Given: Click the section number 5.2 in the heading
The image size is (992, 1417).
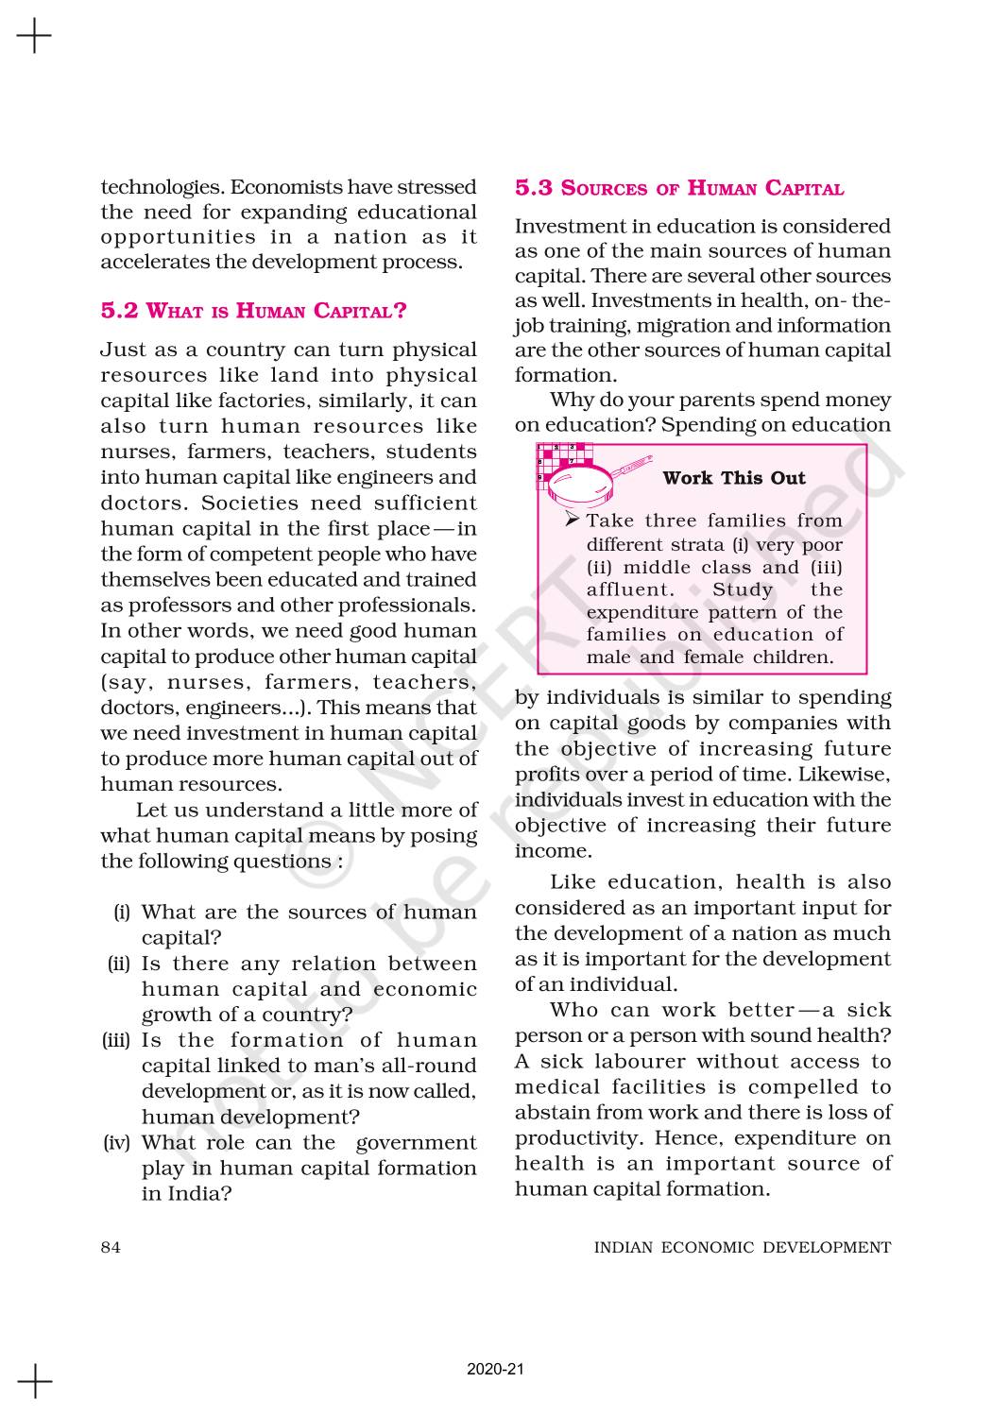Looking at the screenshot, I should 119,310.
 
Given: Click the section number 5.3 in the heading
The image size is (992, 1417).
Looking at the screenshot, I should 534,187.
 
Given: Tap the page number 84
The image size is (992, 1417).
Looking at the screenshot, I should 111,1247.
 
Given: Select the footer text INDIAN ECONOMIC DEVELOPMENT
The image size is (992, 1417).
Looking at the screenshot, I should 742,1247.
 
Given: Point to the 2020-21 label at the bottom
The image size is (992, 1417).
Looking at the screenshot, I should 495,1369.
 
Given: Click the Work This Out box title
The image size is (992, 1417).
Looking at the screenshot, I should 734,477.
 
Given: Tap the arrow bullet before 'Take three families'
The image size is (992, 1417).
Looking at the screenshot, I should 571,520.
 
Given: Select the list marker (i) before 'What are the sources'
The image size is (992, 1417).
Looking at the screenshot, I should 121,913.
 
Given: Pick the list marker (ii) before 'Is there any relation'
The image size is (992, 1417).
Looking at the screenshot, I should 119,964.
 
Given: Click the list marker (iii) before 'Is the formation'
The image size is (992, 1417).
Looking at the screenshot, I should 117,1040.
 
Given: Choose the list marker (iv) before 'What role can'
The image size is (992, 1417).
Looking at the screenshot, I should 117,1142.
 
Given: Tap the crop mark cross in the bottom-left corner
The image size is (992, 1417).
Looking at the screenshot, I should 34,1381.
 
